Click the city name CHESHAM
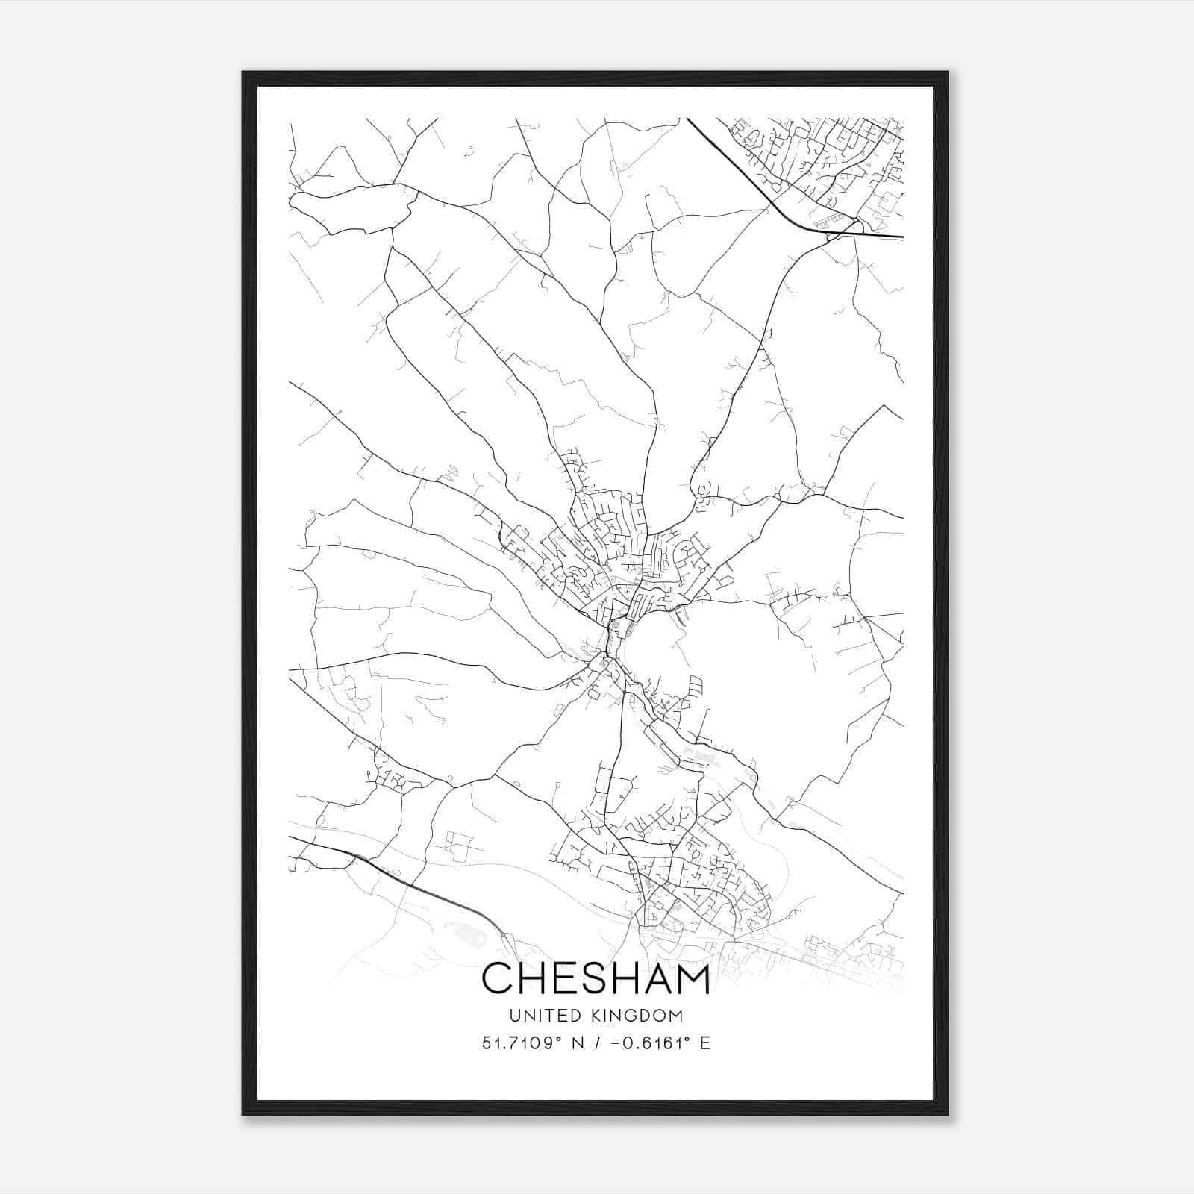click(596, 979)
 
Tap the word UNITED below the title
click(538, 1016)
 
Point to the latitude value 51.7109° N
click(530, 1043)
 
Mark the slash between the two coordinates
click(596, 1043)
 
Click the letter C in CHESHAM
click(498, 979)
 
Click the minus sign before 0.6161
click(616, 1043)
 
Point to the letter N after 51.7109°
click(578, 1043)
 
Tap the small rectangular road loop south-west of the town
click(459, 848)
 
